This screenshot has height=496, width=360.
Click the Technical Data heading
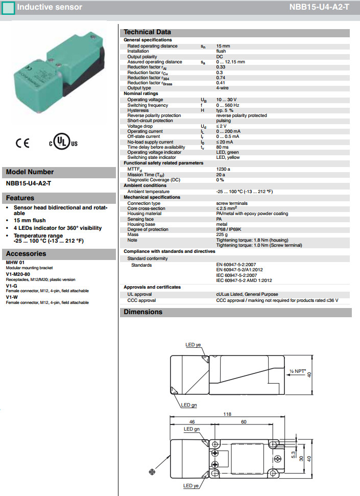click(x=147, y=32)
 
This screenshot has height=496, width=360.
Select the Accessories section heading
click(x=26, y=253)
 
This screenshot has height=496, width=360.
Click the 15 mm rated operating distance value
click(x=223, y=46)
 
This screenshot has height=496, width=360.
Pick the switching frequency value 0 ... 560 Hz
click(x=228, y=105)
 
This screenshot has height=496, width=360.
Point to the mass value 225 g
click(x=222, y=234)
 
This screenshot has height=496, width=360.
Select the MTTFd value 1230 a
click(x=223, y=169)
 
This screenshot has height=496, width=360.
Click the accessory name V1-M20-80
click(x=17, y=274)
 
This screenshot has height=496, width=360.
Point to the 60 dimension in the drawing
click(x=244, y=422)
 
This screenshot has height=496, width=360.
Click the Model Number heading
click(x=30, y=172)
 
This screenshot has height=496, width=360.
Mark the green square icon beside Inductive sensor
click(x=8, y=8)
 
